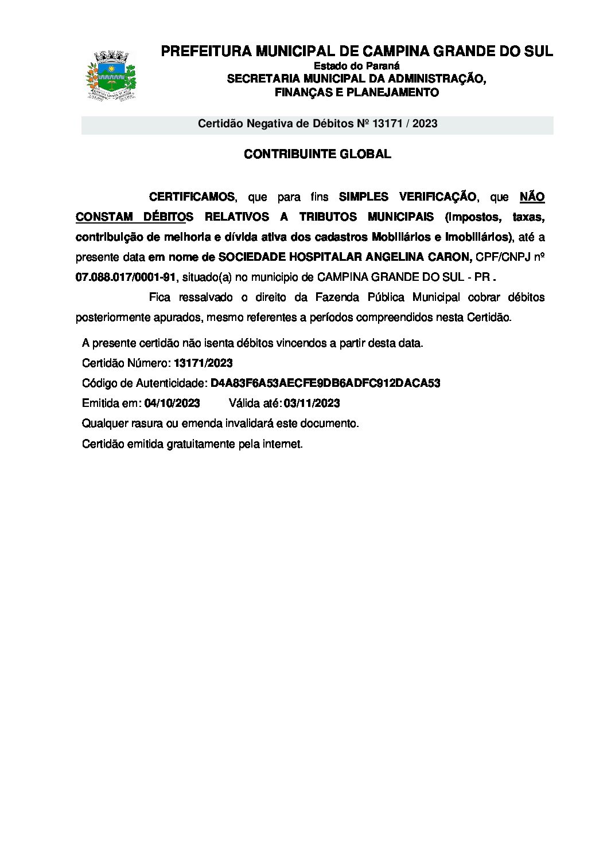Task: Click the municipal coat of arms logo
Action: click(x=111, y=76)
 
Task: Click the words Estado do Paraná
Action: click(x=356, y=66)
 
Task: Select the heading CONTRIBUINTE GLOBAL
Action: click(x=317, y=154)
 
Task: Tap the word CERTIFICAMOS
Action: click(x=192, y=197)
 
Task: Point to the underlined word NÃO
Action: click(x=532, y=197)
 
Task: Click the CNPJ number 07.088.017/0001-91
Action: click(x=126, y=277)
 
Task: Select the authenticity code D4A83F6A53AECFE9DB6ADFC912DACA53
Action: click(x=325, y=383)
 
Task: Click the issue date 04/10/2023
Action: click(x=172, y=403)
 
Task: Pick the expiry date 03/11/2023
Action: click(x=312, y=403)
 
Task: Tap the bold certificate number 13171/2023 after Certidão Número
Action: click(x=203, y=363)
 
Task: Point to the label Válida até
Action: click(x=254, y=403)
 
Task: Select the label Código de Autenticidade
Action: click(x=144, y=383)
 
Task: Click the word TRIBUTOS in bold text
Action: click(x=327, y=217)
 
